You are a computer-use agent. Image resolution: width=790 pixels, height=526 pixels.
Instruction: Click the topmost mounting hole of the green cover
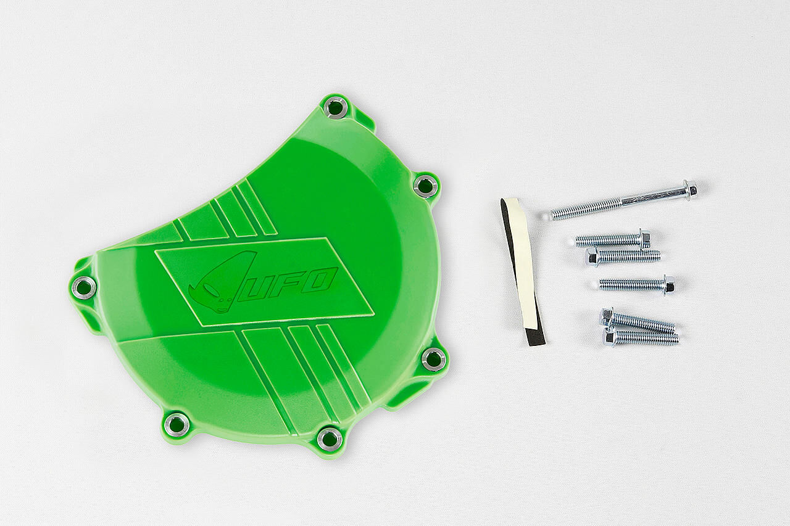pos(335,107)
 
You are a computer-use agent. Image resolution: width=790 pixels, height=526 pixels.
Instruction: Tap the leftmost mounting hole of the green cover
pos(83,287)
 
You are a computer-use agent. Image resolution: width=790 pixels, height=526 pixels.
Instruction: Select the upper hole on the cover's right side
pos(426,184)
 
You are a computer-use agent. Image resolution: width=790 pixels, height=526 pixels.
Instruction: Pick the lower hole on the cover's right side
pos(433,359)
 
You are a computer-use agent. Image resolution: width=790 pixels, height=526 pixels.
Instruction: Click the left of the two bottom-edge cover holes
pos(177,424)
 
